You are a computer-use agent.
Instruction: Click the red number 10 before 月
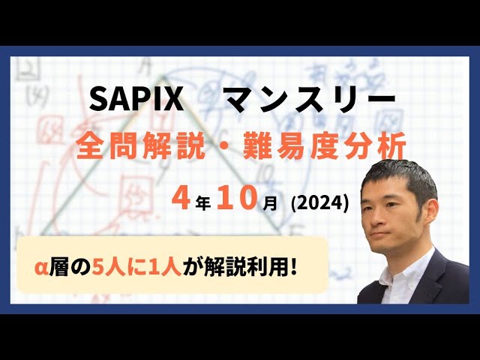[230, 197]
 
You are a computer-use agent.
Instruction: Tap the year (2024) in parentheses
[316, 200]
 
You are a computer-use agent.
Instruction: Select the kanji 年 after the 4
[199, 200]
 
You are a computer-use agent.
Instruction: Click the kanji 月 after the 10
[263, 200]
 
